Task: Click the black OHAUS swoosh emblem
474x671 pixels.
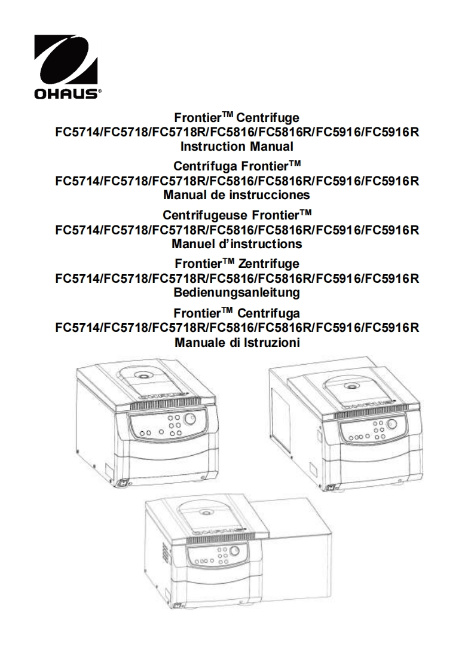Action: pos(66,61)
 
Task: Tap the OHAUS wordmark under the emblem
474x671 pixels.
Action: pos(66,94)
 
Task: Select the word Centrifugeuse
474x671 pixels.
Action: pos(206,214)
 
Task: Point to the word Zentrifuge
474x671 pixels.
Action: pos(268,264)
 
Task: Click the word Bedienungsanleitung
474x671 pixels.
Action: pos(237,293)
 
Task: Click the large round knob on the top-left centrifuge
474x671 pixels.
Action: pos(189,419)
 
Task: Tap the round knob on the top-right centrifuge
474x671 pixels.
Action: pos(391,424)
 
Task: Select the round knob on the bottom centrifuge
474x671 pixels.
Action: pos(235,552)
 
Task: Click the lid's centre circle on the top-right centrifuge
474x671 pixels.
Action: pos(353,385)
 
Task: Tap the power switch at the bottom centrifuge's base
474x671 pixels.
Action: pos(179,606)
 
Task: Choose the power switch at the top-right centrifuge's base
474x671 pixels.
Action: pos(331,487)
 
